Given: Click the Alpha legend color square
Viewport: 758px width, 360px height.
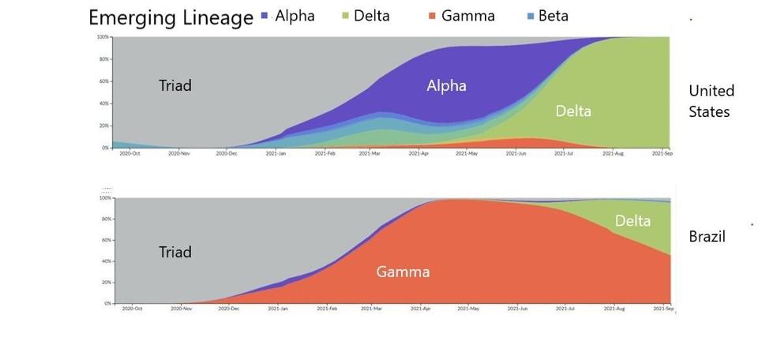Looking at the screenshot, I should (265, 17).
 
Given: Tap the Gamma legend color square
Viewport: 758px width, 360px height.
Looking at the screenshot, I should (431, 17).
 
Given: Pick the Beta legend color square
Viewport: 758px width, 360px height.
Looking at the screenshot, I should (530, 17).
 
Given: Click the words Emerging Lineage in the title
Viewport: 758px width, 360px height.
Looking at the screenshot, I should (171, 18).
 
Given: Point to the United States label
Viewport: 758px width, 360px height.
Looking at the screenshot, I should (711, 101).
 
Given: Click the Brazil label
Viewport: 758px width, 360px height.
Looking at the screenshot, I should (707, 236).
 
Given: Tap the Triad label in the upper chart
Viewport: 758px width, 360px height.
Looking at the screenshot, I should (175, 85).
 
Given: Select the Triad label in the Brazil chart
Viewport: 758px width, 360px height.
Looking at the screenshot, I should (175, 252).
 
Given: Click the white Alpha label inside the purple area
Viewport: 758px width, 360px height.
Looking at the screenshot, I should (447, 85).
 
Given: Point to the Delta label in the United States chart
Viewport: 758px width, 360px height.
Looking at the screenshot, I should (573, 111).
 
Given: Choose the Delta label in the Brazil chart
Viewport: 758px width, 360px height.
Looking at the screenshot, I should (632, 220).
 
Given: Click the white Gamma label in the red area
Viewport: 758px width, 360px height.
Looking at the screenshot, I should (403, 272).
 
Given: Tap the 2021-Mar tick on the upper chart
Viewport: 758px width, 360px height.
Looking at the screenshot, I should (370, 153).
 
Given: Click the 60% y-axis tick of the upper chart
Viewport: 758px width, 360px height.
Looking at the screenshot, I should (103, 81).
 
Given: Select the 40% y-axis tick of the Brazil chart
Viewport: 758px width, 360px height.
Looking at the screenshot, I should (106, 261).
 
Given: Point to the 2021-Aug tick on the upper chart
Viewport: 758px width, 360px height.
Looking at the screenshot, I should (614, 153).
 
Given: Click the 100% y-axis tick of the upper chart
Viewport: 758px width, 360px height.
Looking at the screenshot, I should (103, 37).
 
